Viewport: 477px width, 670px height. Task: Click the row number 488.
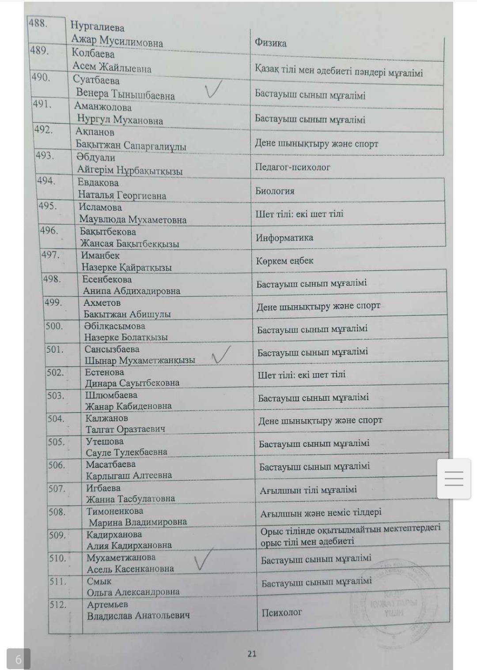point(38,23)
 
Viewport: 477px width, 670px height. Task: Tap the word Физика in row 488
point(270,43)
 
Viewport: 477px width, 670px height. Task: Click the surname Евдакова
point(98,183)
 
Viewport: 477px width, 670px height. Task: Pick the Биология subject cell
point(275,191)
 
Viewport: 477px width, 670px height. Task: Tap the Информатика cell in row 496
point(284,238)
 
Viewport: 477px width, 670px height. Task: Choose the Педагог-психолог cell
point(292,167)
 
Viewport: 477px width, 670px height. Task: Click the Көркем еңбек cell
point(284,261)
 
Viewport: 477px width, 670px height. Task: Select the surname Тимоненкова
point(115,511)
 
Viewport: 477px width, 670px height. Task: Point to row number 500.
point(54,326)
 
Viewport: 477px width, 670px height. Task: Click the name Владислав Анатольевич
point(138,616)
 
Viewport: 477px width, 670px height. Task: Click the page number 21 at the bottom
point(252,654)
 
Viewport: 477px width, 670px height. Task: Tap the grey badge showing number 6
point(18,659)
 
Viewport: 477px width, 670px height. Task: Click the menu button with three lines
point(454,479)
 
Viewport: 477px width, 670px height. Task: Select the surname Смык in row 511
point(99,581)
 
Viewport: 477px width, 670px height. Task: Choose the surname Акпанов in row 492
point(95,132)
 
